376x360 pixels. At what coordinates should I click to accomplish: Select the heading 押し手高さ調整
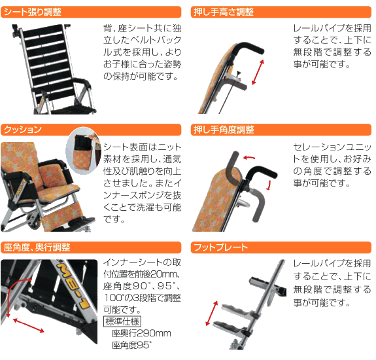click(223, 12)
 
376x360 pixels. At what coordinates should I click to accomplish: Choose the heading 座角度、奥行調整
click(37, 248)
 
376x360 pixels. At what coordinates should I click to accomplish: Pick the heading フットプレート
click(220, 248)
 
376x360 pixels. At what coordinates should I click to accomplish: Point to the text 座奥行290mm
click(141, 333)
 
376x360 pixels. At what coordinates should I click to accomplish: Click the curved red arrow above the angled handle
click(248, 156)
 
